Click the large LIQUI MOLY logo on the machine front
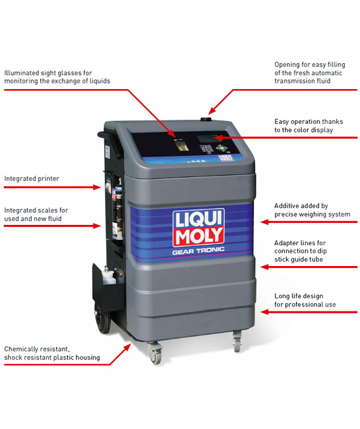tap(198, 227)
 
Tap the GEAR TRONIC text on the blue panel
tap(198, 251)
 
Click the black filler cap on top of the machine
tap(207, 119)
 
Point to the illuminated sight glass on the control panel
tap(181, 145)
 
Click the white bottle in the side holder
tap(110, 275)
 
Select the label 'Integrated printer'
tap(32, 178)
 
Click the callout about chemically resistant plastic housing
tap(52, 353)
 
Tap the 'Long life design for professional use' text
tap(305, 300)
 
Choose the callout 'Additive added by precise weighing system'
tap(312, 210)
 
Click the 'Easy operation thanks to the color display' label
tap(309, 126)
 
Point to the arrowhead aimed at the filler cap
tap(212, 111)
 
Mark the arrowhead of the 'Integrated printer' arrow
tap(97, 187)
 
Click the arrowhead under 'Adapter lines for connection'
tap(265, 267)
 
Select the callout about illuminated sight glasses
tap(57, 77)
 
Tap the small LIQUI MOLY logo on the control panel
tap(225, 157)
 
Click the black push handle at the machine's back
tap(109, 142)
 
